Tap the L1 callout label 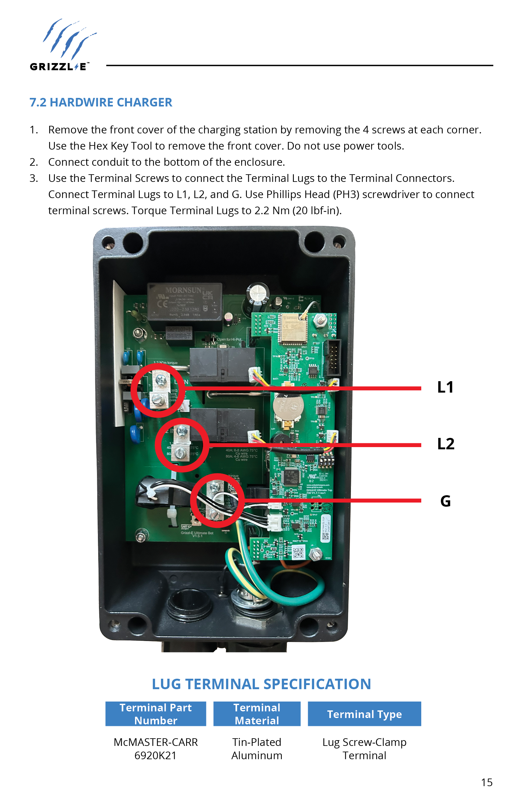click(x=445, y=387)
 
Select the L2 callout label click(x=446, y=444)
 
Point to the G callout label click(x=445, y=501)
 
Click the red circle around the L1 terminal click(x=158, y=390)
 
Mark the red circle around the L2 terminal click(x=182, y=445)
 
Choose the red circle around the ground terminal click(x=217, y=500)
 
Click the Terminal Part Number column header click(x=156, y=714)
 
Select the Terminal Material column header click(x=257, y=714)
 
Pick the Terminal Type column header click(x=364, y=714)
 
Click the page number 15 click(x=486, y=783)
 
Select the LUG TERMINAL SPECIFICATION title click(x=261, y=684)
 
